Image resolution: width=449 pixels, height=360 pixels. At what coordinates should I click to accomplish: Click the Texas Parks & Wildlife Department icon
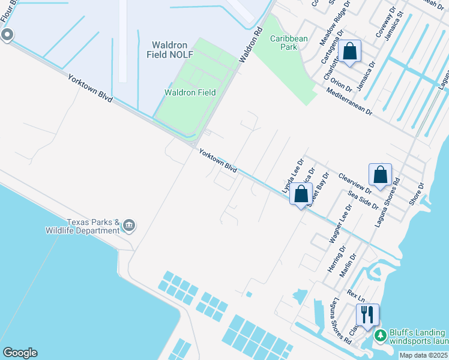point(129,226)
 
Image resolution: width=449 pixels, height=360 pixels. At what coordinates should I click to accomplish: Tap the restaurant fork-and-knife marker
point(367,314)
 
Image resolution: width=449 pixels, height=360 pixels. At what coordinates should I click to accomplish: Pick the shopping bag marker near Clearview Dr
point(380,175)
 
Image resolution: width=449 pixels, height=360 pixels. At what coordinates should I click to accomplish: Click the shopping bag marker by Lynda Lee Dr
point(301,194)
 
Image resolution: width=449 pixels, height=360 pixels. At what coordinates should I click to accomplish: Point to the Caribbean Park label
point(289,43)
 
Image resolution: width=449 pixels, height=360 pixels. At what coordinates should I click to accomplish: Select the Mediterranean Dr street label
point(350,102)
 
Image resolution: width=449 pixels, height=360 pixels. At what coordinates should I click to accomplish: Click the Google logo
point(19,353)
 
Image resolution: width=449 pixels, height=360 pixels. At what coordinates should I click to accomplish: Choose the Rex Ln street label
point(356,297)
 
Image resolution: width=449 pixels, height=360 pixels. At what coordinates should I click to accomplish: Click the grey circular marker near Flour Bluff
point(7,35)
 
